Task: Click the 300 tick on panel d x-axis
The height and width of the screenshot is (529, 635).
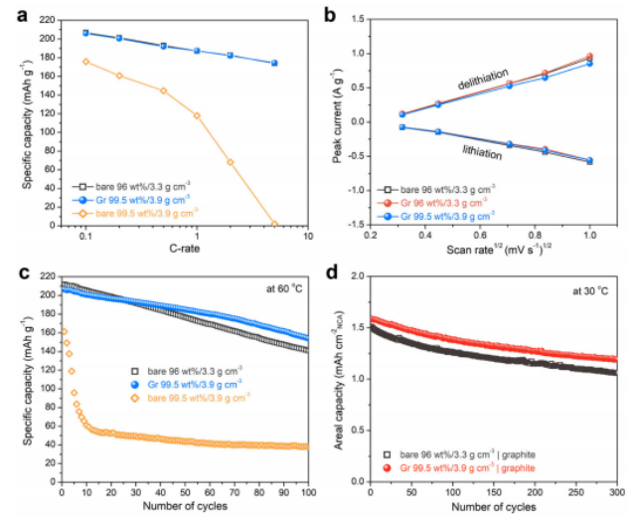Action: point(617,494)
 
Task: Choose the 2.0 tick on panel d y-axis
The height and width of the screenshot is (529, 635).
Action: point(356,276)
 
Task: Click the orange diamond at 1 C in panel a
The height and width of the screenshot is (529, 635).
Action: point(197,115)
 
